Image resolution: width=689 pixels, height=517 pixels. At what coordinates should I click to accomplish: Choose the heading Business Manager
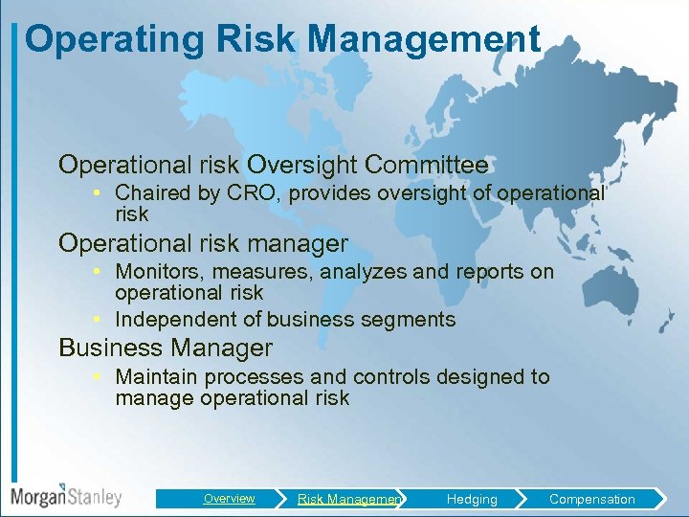click(x=166, y=348)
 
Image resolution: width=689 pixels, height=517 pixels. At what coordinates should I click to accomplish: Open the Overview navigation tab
click(x=229, y=499)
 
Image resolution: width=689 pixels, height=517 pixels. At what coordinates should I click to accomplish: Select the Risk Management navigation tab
click(x=349, y=499)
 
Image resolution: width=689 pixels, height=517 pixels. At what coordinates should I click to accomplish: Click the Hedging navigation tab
click(x=472, y=499)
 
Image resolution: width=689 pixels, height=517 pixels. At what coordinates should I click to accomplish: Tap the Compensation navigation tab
click(x=591, y=499)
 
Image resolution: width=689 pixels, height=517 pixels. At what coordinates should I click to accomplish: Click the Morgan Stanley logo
click(x=66, y=496)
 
